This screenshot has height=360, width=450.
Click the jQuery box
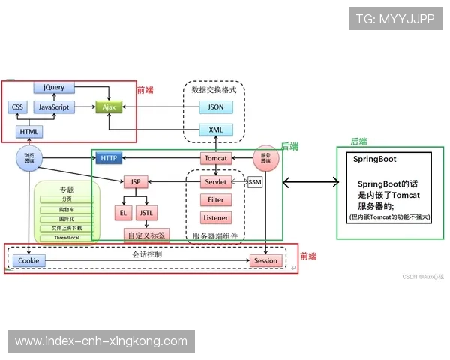[54, 88]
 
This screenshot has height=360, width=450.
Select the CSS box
[18, 107]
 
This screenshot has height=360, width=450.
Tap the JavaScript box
[54, 107]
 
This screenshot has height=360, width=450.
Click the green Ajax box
[108, 107]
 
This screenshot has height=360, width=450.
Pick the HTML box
[29, 132]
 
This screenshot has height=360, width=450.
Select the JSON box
[215, 107]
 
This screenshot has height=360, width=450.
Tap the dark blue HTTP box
[109, 158]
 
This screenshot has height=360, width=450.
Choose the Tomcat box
[215, 158]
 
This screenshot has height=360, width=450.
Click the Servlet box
[215, 182]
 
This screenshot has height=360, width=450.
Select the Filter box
[215, 200]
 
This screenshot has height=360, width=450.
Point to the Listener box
[215, 217]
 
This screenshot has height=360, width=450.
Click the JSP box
[136, 182]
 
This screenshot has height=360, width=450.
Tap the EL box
[123, 213]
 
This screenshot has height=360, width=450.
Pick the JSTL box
[147, 213]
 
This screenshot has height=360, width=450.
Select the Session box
[265, 260]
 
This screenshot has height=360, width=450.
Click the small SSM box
[254, 182]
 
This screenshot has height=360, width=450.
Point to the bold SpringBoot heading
[375, 160]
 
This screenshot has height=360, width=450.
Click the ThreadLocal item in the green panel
[67, 237]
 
